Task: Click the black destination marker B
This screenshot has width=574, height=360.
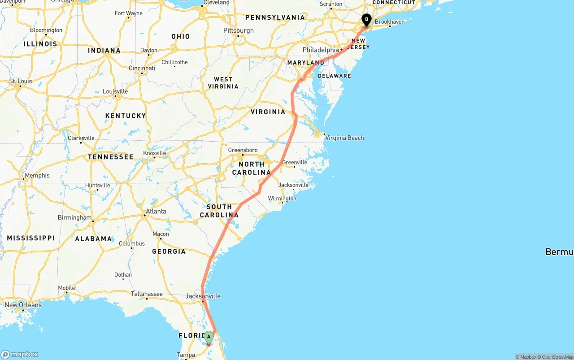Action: [x=366, y=19]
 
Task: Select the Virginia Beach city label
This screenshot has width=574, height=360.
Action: [x=344, y=138]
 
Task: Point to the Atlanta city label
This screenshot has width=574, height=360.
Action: [x=156, y=211]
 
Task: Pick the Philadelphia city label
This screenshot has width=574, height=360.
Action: [x=321, y=50]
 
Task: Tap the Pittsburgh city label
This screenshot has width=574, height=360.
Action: [x=238, y=30]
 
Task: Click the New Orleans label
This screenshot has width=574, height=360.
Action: [x=23, y=305]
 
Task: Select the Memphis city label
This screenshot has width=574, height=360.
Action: [x=37, y=175]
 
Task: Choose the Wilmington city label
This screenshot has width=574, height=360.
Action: [x=282, y=199]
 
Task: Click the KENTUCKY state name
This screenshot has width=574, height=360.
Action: [x=126, y=116]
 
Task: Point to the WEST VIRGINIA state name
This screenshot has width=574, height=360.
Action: [x=223, y=83]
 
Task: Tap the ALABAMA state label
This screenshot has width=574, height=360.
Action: [x=93, y=239]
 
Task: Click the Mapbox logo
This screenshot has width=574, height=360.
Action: [x=20, y=354]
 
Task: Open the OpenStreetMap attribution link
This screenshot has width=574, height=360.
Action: [x=556, y=357]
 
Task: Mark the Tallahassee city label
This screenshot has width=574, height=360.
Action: [x=147, y=294]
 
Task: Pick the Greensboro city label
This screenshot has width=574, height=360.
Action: [x=243, y=150]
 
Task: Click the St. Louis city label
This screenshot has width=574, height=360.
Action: [x=21, y=81]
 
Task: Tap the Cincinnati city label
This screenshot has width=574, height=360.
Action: [x=142, y=68]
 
